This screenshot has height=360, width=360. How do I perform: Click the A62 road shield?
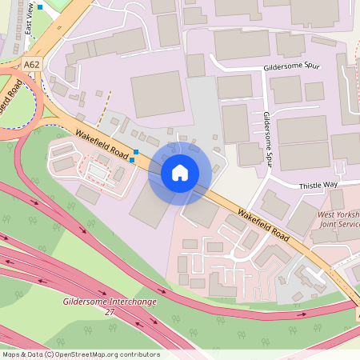[31, 65]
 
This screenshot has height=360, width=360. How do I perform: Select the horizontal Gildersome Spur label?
[291, 67]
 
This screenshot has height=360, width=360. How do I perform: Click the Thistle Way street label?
[318, 186]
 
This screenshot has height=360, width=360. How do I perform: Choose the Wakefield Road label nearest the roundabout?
[102, 143]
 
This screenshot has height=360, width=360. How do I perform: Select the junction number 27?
[110, 312]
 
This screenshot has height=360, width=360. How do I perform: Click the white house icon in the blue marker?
[180, 172]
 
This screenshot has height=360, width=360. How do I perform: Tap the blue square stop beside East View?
[40, 7]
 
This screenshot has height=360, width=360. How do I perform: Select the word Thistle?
[311, 186]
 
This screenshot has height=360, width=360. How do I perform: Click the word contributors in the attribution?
[140, 354]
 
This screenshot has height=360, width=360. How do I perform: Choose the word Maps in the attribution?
[11, 354]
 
